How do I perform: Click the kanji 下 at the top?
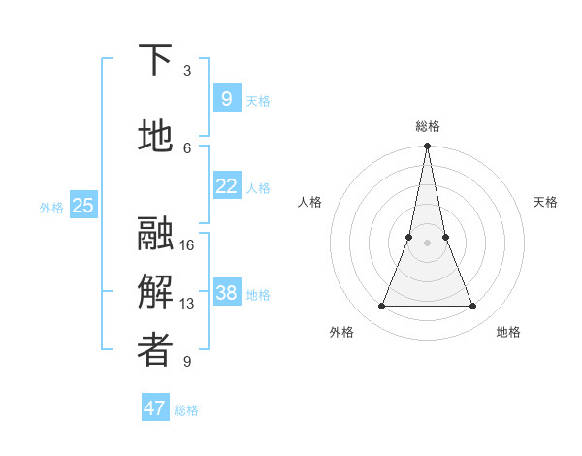[x=155, y=60]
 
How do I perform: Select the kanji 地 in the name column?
[x=155, y=137]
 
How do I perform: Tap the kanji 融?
[x=155, y=234]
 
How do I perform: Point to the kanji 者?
[x=155, y=351]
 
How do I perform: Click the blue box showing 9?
[x=226, y=99]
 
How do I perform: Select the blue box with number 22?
[x=226, y=186]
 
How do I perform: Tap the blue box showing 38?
[x=226, y=294]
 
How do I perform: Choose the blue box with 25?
[x=83, y=206]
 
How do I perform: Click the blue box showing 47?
[x=155, y=408]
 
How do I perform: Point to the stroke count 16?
[x=187, y=244]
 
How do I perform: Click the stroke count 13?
[x=187, y=304]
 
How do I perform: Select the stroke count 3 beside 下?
[x=187, y=71]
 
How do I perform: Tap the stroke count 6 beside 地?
[x=187, y=147]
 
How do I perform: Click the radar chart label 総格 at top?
[x=427, y=126]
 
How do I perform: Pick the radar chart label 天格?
[x=545, y=202]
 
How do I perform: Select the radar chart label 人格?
[x=309, y=202]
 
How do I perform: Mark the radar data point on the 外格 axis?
[x=381, y=307]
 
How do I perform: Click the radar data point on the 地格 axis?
[x=473, y=307]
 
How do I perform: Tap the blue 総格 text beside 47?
[x=186, y=410]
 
